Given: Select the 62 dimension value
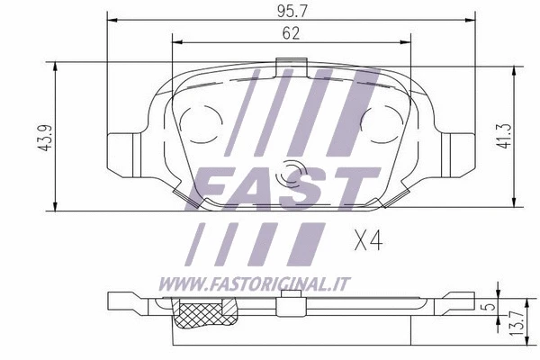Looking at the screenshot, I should (290, 33).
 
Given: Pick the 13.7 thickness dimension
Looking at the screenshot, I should (513, 324).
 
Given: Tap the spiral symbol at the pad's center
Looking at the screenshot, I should (291, 174).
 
